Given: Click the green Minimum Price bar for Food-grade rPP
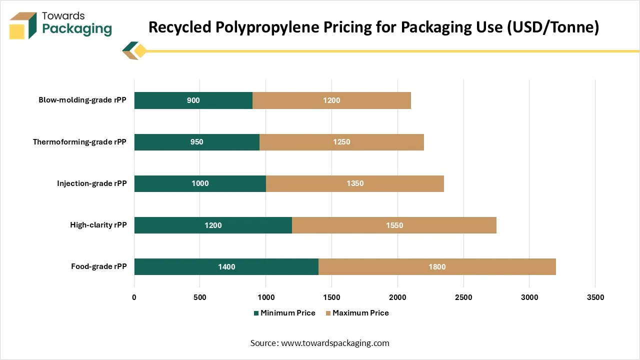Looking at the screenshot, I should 226,266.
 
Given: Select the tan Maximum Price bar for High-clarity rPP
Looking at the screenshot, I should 394,225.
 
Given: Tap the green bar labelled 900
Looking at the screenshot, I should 193,100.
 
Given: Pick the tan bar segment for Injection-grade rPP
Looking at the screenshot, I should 355,183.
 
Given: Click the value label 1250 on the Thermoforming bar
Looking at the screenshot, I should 341,142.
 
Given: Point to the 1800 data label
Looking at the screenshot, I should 437,267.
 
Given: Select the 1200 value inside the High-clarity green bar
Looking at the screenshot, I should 213,225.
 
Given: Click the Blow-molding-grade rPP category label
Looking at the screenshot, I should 82,100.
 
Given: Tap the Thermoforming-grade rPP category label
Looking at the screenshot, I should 79,142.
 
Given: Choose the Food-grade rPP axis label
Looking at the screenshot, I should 98,266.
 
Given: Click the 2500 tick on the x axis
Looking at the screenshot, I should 463,297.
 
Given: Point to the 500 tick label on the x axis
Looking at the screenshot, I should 199,297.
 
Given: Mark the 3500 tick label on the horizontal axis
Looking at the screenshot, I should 595,297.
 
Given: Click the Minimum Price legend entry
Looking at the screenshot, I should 284,313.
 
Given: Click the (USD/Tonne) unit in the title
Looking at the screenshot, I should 553,27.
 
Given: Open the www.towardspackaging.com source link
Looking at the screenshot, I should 335,343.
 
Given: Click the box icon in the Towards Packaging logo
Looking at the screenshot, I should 23,25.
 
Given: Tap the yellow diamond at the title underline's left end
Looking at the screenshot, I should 140,50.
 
